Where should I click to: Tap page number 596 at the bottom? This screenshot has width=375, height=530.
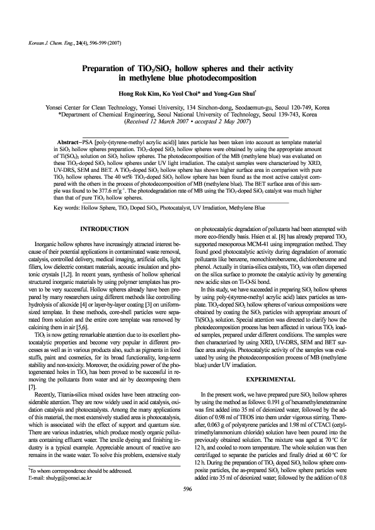click(187, 505)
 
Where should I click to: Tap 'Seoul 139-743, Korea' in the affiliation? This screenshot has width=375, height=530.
click(296, 114)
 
